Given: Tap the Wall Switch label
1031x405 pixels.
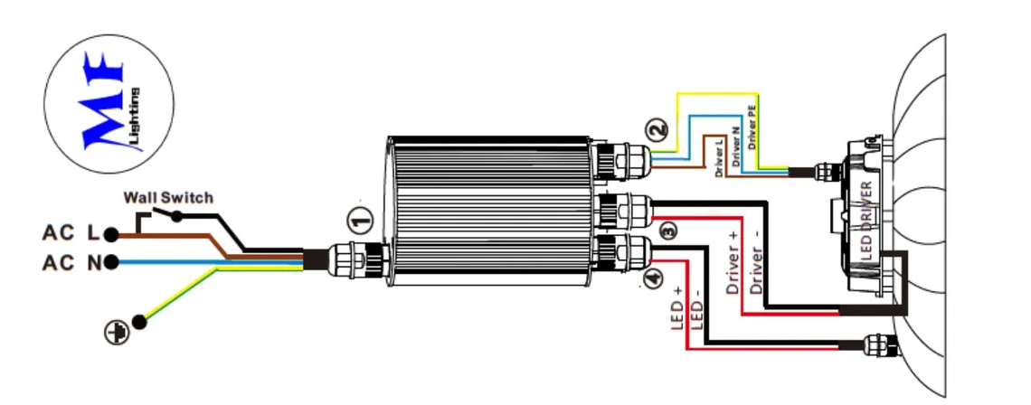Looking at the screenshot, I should (x=168, y=197).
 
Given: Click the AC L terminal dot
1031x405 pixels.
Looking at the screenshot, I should (x=111, y=234).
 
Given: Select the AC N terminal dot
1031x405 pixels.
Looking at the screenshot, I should (x=111, y=263).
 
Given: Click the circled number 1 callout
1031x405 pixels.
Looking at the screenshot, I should (x=360, y=219).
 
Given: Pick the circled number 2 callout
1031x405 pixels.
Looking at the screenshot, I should (x=661, y=130).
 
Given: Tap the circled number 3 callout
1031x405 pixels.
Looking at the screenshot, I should (x=668, y=231).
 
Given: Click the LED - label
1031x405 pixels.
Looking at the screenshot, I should (x=696, y=312).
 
